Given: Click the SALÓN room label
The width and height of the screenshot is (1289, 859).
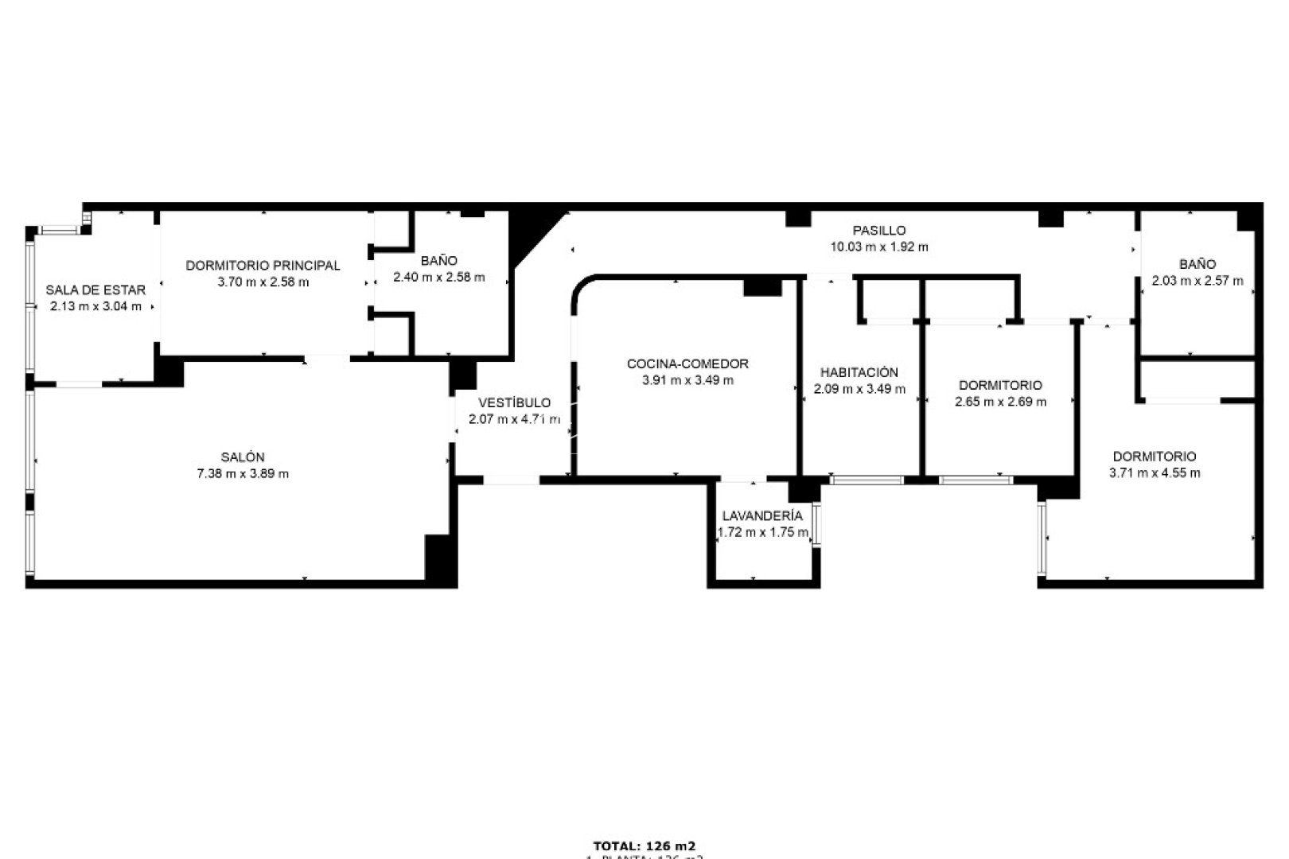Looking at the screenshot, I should point(243,457).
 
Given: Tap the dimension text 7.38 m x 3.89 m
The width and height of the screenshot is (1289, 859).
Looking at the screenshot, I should point(243,474).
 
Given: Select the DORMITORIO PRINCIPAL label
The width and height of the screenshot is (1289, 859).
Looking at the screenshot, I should point(263,266).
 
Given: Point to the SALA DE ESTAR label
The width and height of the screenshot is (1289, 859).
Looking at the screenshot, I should point(95,290).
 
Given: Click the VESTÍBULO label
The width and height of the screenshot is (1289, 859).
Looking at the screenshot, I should point(514,403).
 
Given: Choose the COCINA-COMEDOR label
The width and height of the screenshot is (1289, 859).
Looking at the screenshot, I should point(687,364).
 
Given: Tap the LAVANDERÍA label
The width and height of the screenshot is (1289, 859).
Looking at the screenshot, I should point(762,517).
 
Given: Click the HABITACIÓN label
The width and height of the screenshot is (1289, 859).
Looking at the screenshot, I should point(859,372).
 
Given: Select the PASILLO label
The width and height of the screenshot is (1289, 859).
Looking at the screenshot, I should point(879,231).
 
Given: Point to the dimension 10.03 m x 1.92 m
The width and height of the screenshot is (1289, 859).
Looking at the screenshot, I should point(879,247).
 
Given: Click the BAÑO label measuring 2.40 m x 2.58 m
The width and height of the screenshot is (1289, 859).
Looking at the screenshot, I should point(439,261).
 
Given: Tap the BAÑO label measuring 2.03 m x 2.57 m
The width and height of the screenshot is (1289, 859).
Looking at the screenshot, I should point(1197,264).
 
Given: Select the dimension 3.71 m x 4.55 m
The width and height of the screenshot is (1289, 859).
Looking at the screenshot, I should point(1155,473).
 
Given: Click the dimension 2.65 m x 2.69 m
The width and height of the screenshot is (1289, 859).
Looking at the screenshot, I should point(1000,402).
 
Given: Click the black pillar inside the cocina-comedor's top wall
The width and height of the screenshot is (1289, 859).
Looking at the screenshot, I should point(761,286).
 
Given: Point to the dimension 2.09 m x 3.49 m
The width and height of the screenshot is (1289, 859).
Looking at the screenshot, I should point(859,389).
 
